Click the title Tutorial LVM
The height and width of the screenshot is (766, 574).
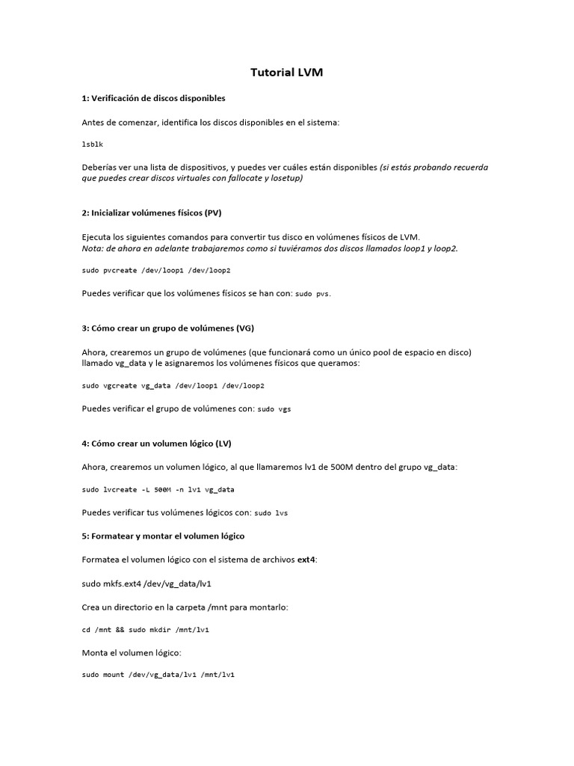pos(286,73)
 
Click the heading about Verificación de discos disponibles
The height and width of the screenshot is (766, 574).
pos(153,98)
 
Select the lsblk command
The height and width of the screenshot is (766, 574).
pos(93,145)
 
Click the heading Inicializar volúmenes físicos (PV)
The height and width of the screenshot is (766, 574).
pos(152,212)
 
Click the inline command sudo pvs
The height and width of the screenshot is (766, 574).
pos(312,294)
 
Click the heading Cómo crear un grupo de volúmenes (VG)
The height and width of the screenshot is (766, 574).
pos(173,328)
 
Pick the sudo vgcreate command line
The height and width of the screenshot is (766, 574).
pos(173,385)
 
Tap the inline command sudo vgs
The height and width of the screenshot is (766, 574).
pos(274,409)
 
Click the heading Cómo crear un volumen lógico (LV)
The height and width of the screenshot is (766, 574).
pos(161,443)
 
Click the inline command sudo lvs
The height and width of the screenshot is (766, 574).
pos(271,513)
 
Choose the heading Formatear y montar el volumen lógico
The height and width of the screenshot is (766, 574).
pos(163,536)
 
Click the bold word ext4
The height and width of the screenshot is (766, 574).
pos(306,560)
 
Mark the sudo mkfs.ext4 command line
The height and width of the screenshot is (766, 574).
pos(152,583)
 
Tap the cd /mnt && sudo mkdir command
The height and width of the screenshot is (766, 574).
pos(146,630)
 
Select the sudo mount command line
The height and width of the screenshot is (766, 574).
pos(158,675)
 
